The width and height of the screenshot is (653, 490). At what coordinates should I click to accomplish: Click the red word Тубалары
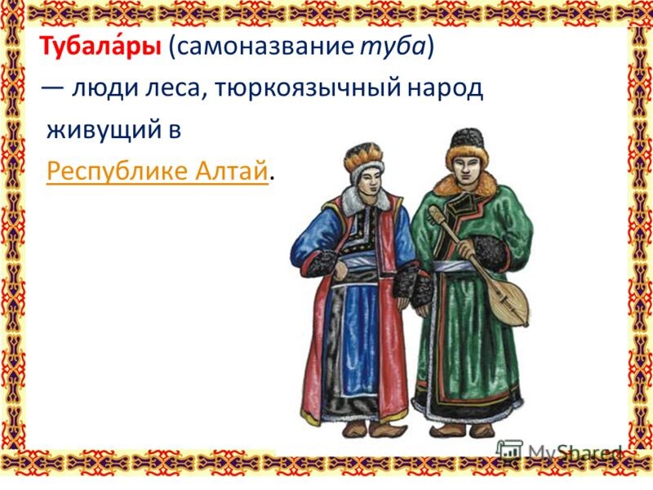click(x=100, y=47)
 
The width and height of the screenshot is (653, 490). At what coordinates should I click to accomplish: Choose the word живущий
click(x=104, y=131)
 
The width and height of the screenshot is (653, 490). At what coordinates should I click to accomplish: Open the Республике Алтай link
click(x=157, y=171)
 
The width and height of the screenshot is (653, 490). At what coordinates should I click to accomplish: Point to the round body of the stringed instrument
click(x=509, y=301)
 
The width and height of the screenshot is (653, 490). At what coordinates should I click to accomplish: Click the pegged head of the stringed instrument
click(x=436, y=213)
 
